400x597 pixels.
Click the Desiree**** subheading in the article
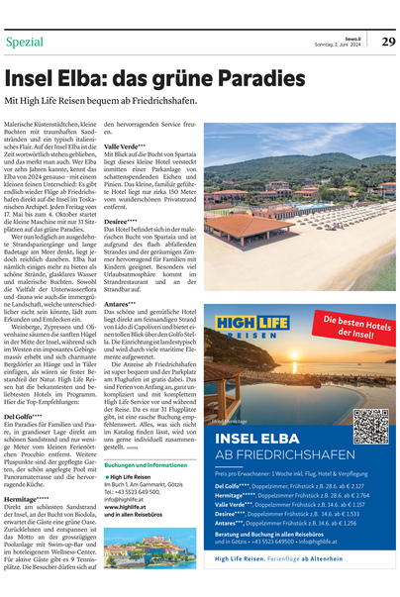click(x=122, y=222)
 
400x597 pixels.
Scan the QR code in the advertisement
click(x=370, y=425)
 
